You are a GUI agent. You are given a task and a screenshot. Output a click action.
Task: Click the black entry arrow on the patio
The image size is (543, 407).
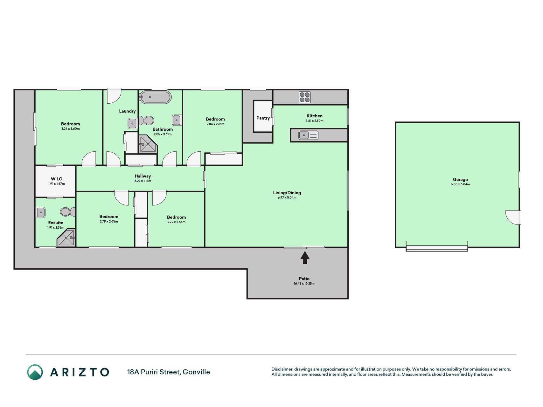click(x=305, y=258)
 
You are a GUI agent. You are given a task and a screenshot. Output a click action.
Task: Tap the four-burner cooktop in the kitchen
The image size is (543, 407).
click(x=304, y=97)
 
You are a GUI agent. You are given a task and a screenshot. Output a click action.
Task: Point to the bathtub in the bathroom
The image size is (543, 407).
click(x=155, y=97)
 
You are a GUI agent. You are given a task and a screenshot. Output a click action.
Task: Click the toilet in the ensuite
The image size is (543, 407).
click(x=68, y=212)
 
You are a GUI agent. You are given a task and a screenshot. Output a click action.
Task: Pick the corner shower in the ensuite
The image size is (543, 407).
click(x=66, y=238)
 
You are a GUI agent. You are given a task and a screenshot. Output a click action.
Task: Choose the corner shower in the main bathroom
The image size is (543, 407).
click(x=148, y=145)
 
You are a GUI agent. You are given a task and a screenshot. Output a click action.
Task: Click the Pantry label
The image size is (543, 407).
click(x=263, y=118)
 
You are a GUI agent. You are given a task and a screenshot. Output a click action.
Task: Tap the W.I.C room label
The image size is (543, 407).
click(x=57, y=179)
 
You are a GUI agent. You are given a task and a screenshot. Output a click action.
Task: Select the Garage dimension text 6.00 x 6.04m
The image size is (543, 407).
click(x=460, y=184)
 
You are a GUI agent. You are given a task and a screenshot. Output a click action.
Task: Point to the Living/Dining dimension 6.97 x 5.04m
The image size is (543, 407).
click(x=287, y=197)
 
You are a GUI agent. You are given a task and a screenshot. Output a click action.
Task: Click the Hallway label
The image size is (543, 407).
click(x=143, y=176)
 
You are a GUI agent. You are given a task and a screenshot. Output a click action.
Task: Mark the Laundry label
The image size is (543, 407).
click(x=127, y=111)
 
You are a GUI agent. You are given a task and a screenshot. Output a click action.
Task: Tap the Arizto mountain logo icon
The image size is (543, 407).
click(x=35, y=372)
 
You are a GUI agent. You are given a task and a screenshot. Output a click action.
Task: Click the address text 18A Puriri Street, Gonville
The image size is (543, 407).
click(x=169, y=372)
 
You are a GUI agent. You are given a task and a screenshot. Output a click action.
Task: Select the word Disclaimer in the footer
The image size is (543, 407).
click(x=282, y=369)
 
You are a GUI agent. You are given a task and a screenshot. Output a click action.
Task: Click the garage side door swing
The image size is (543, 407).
click(x=513, y=217)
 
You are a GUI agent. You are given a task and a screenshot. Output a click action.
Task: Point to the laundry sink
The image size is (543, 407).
click(x=132, y=123)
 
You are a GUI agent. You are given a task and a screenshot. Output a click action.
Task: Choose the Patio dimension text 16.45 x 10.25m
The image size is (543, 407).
click(x=304, y=284)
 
